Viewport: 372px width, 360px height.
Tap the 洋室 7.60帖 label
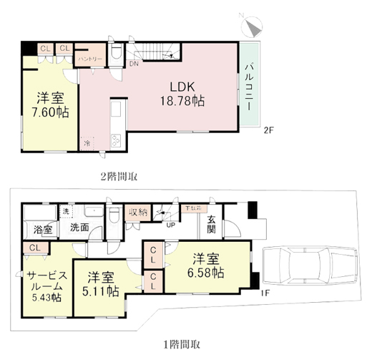(49, 105)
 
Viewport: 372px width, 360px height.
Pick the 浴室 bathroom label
(43, 230)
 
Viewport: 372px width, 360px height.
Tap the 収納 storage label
(138, 213)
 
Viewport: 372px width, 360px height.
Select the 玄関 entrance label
(212, 225)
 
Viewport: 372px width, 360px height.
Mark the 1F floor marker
(265, 293)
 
